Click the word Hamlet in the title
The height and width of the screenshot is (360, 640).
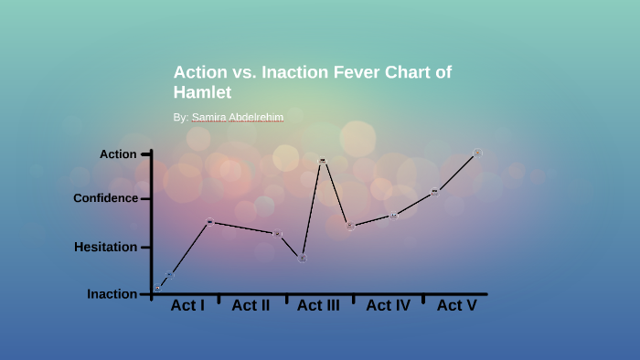click(202, 92)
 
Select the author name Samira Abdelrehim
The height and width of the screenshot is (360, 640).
click(238, 118)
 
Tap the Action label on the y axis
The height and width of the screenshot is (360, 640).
click(118, 154)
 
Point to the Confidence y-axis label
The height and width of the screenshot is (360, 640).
click(106, 198)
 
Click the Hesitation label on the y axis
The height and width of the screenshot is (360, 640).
click(105, 247)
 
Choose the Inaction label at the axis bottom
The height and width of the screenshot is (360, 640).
click(112, 294)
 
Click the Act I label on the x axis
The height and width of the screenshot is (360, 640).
click(187, 305)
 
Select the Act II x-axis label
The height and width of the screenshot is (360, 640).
click(251, 305)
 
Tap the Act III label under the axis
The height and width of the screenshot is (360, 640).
click(318, 305)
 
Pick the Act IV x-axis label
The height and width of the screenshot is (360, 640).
click(388, 305)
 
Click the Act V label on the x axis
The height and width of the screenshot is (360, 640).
click(456, 305)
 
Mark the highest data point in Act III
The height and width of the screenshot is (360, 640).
click(322, 161)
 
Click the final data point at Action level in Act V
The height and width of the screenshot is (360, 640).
click(477, 153)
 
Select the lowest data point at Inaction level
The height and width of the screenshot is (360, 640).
click(157, 289)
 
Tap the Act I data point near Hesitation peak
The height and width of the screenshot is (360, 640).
click(210, 222)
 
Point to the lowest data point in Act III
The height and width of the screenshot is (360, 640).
click(302, 259)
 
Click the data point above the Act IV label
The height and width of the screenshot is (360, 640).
click(394, 216)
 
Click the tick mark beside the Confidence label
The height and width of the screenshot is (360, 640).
click(145, 198)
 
